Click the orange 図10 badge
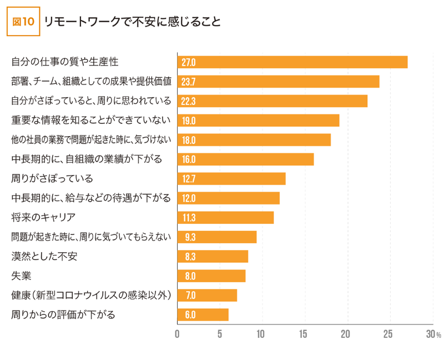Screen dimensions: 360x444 (23, 22)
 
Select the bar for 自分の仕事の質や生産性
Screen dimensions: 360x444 (292, 62)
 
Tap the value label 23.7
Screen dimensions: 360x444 (189, 82)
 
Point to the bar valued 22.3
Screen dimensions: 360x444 (272, 101)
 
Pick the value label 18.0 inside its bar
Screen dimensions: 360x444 (189, 140)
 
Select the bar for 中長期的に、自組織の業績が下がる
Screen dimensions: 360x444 (245, 159)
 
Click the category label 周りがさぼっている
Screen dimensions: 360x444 (52, 179)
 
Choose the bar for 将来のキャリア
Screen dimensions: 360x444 (225, 217)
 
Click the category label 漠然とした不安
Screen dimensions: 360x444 (44, 256)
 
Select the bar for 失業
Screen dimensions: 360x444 (211, 276)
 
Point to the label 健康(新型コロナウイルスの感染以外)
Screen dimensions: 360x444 (90, 295)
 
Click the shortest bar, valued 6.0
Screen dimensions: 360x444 (203, 314)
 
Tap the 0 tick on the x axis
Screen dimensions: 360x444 (177, 334)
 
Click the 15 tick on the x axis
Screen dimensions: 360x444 (303, 334)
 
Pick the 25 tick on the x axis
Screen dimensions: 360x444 (389, 334)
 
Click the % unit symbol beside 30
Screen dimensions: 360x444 (438, 336)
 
